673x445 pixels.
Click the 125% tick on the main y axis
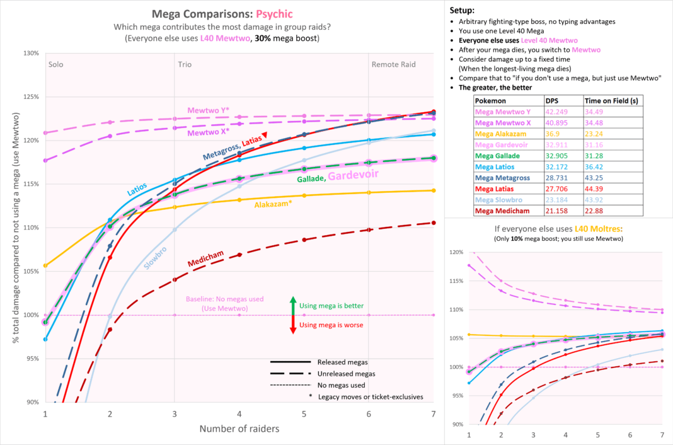30,97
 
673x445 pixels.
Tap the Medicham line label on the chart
206,261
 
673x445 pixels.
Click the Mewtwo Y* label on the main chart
208,110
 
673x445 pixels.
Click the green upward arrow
293,305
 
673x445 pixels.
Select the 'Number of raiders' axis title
239,429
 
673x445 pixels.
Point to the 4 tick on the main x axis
239,413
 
